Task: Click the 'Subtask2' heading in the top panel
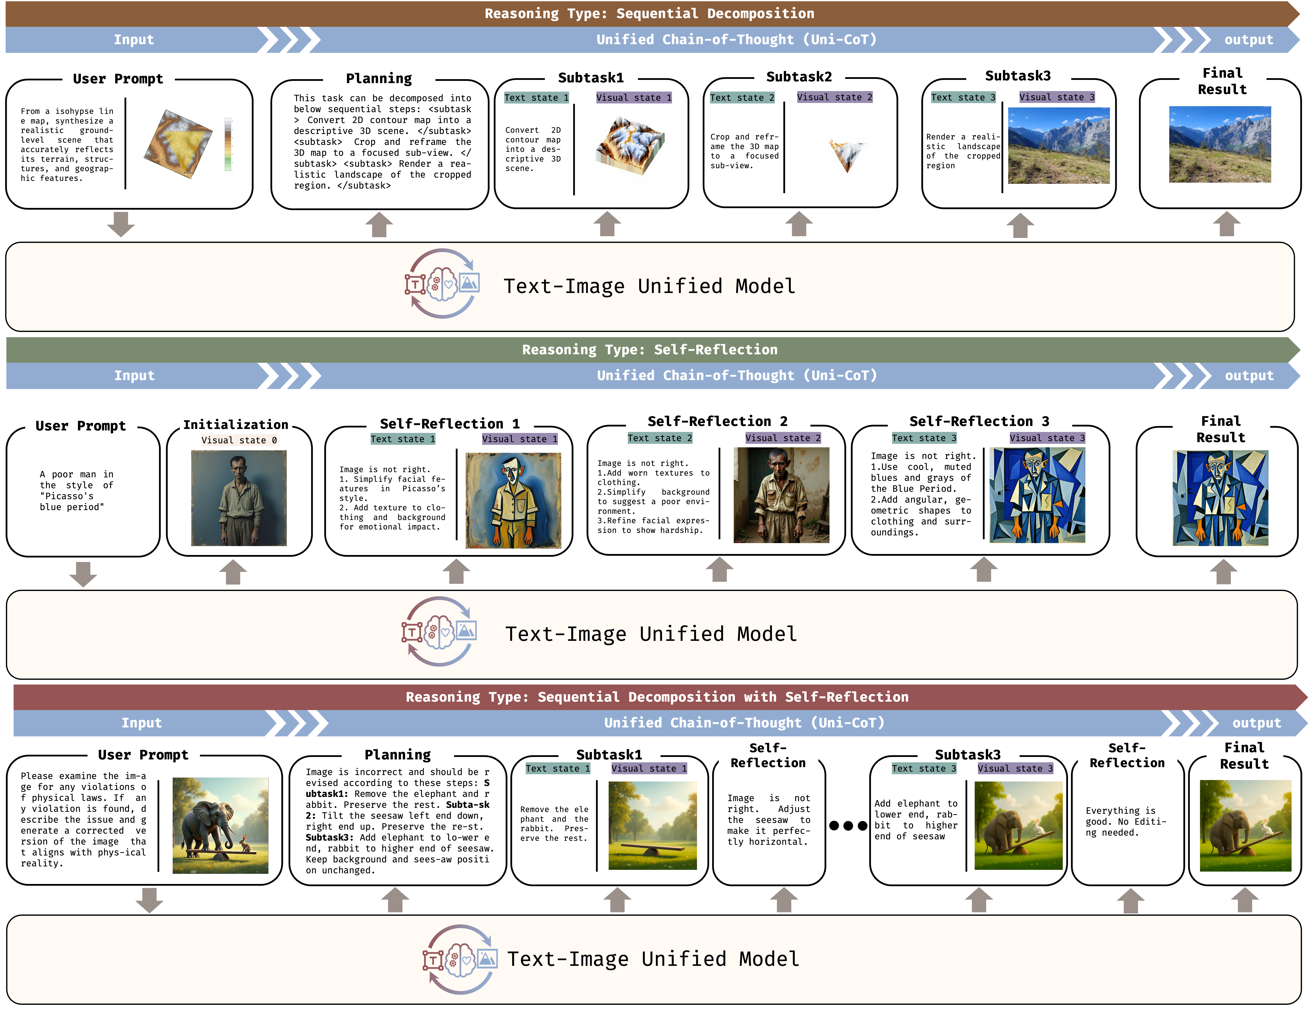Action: pyautogui.click(x=799, y=77)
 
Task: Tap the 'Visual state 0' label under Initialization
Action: pyautogui.click(x=238, y=440)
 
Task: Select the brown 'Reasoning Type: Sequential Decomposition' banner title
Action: pyautogui.click(x=649, y=13)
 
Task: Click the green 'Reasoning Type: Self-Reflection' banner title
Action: pyautogui.click(x=650, y=349)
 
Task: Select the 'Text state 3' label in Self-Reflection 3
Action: pyautogui.click(x=924, y=438)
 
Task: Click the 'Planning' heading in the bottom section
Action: pyautogui.click(x=397, y=754)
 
